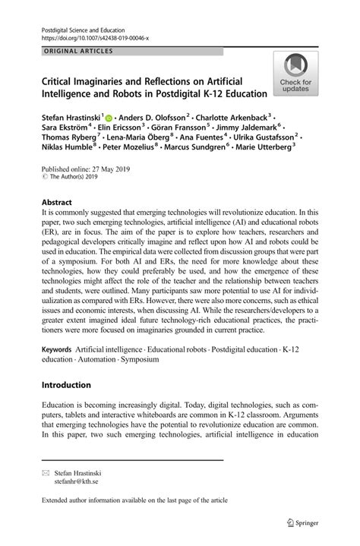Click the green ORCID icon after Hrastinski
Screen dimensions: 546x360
109,119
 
